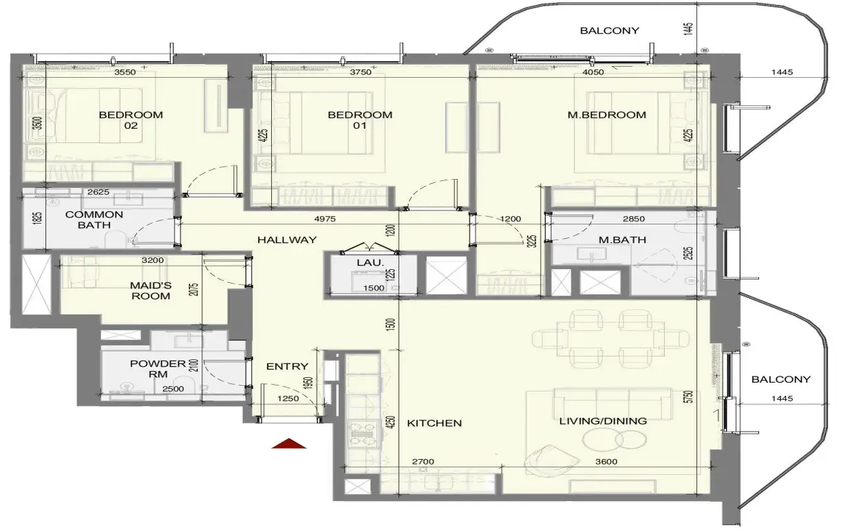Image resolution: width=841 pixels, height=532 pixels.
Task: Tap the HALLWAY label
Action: (x=287, y=240)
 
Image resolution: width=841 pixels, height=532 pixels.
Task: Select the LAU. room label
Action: (x=370, y=263)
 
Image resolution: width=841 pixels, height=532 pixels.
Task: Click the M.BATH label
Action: (x=622, y=240)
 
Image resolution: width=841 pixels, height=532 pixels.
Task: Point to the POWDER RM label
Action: (x=158, y=369)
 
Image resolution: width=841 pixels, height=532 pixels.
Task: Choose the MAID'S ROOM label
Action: (x=151, y=290)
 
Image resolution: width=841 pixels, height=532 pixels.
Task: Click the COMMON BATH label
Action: (x=94, y=220)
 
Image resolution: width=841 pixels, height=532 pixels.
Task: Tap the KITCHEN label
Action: (x=434, y=423)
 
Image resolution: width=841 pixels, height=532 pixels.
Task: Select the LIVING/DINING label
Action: (x=603, y=421)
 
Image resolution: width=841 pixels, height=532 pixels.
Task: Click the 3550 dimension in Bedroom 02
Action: (x=125, y=72)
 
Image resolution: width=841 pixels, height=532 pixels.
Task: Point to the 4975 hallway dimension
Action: (x=325, y=219)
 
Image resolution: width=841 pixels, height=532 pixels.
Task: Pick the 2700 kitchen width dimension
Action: (x=423, y=462)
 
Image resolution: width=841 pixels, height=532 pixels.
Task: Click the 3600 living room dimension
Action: (x=606, y=462)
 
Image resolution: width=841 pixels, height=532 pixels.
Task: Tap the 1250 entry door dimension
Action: (x=288, y=398)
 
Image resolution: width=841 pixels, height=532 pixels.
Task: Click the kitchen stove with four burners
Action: (x=363, y=434)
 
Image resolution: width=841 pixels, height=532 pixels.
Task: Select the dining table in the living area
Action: (x=610, y=339)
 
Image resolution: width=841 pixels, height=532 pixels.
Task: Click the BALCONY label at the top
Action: (x=609, y=31)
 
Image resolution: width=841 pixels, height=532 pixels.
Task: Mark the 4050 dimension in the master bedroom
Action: (x=593, y=72)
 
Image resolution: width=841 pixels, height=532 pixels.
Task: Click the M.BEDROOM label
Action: (x=607, y=115)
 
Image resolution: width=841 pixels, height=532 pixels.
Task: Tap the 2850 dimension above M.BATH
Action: (x=634, y=219)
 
